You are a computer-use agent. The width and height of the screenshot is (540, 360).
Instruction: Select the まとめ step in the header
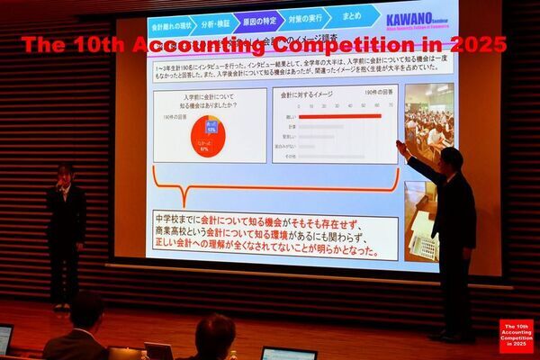pos(351,16)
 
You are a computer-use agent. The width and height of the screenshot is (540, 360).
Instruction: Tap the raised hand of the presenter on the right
pos(400,145)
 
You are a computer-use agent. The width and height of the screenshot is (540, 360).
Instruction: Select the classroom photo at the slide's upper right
pos(428,122)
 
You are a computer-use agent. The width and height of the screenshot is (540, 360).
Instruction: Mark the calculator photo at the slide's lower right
pos(421,225)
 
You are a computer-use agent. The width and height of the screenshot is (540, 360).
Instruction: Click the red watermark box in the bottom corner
pos(517,336)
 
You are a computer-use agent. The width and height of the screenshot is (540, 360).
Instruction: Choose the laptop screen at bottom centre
pos(289,353)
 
